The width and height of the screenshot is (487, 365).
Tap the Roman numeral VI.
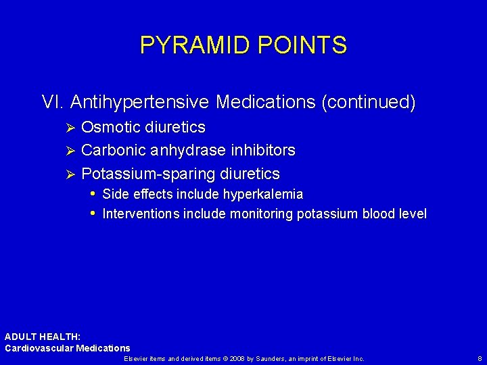[53, 102]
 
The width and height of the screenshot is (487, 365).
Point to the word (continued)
[369, 102]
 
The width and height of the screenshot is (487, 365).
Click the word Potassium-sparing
[145, 174]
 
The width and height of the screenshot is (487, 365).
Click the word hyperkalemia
[264, 195]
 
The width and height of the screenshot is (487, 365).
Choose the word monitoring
[262, 214]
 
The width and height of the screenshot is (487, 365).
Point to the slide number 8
[479, 358]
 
